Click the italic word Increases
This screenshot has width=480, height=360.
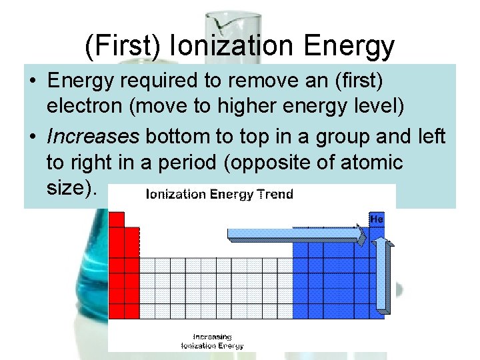pos(92,137)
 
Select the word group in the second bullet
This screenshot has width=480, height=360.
pos(345,137)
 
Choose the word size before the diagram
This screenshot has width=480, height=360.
pos(67,187)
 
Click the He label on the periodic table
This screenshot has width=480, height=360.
pos(377,219)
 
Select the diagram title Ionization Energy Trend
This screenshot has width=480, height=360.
pos(219,194)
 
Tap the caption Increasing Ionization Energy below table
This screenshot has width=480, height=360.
pos(212,341)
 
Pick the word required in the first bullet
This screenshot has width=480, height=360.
pos(151,82)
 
